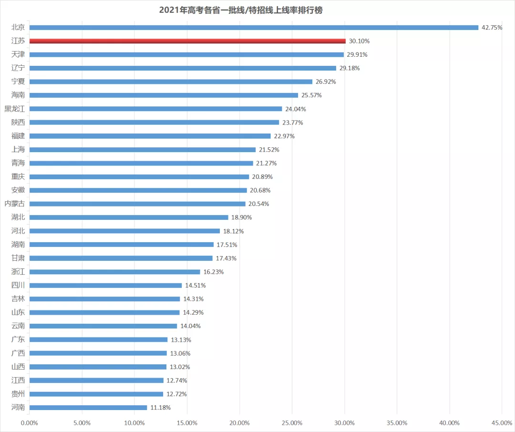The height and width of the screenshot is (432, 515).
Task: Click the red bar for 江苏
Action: [187, 41]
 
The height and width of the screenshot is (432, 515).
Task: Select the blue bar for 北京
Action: [254, 28]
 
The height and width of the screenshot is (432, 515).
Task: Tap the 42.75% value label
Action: [492, 28]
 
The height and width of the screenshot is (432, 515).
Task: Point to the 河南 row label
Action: [18, 408]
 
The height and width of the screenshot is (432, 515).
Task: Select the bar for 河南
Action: [88, 408]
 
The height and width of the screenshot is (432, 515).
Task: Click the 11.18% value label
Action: [160, 408]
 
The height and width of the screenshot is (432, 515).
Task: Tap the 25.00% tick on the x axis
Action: [292, 422]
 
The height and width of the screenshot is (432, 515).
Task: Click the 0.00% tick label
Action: [30, 422]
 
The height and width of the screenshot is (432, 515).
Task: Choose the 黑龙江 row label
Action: [14, 109]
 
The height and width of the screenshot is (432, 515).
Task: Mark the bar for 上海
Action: [143, 150]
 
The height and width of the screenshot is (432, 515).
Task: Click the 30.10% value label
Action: [359, 41]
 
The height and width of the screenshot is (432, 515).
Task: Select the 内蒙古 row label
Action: [14, 204]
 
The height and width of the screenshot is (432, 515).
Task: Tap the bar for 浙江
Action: [115, 272]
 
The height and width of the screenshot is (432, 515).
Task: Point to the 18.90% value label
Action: [241, 217]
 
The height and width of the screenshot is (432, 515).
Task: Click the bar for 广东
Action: [99, 339]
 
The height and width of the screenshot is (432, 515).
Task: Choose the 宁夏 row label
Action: [18, 82]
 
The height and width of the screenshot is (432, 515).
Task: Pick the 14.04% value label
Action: [190, 326]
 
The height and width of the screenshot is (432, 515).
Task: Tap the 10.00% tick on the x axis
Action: [134, 422]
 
